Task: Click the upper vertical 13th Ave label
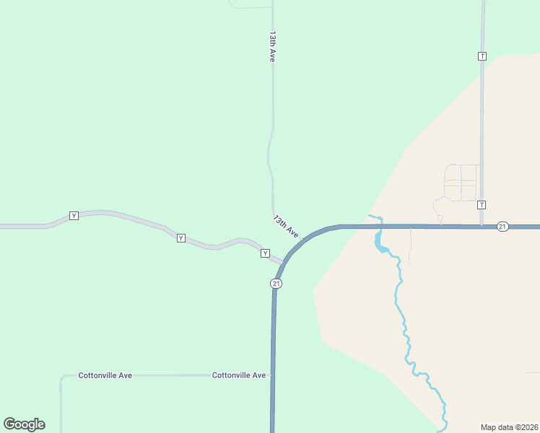(x=273, y=46)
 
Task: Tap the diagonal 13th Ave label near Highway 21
(x=285, y=226)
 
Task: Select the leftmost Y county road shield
(x=74, y=216)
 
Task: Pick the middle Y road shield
(x=180, y=238)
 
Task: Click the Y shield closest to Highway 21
(x=265, y=253)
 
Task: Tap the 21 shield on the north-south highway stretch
(x=276, y=284)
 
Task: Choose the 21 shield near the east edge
(x=502, y=227)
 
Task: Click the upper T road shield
(x=482, y=56)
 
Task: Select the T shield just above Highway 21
(x=482, y=205)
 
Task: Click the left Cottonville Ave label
(x=105, y=375)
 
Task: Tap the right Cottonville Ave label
(x=239, y=375)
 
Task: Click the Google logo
(x=25, y=424)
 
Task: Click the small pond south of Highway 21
(x=379, y=244)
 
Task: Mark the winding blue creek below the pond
(x=404, y=325)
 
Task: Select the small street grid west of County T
(x=461, y=182)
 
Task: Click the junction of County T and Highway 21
(x=482, y=227)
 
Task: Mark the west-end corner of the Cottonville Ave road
(x=62, y=377)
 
